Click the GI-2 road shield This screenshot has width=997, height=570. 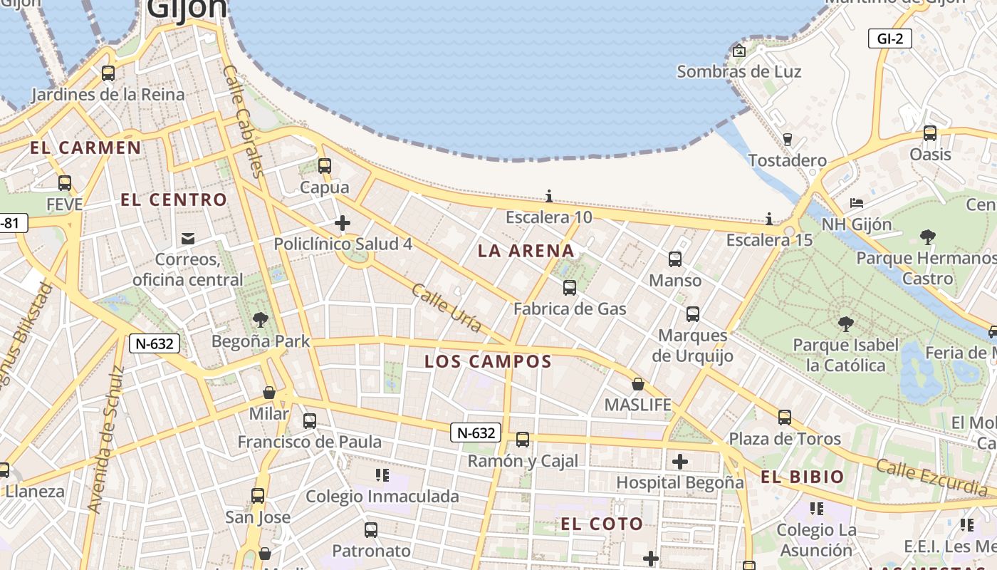pos(890,38)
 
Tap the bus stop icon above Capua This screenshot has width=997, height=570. pos(325,166)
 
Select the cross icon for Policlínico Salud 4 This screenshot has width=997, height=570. pos(343,223)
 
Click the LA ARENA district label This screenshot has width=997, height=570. pos(526,251)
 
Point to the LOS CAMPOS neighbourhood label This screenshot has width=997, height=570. pos(489,361)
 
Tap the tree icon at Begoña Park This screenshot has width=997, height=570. pos(261,320)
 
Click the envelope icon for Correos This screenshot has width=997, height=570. pos(188,238)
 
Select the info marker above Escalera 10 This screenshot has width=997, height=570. pos(549,196)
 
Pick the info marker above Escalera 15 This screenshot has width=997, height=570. pos(769,219)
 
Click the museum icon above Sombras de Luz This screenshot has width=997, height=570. pos(739,51)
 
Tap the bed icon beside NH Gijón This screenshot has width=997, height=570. pos(857,203)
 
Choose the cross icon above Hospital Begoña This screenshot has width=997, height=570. pos(680,461)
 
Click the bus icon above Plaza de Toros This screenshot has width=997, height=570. pos(785,418)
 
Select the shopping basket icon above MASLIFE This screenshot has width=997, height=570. pos(638,384)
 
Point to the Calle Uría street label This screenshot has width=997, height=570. pos(447,308)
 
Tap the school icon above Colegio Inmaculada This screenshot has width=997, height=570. pos(382,475)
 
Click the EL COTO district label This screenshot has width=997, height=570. pos(602,524)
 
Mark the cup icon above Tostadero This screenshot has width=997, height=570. pos(788,139)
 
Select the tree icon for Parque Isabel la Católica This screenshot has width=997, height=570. pos(846,325)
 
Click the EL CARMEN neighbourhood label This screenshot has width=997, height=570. pos(85,148)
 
